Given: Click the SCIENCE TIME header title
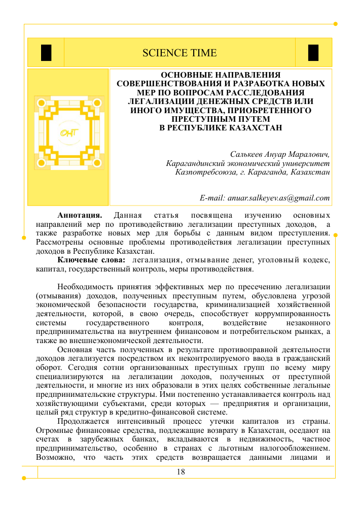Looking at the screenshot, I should [x=179, y=53].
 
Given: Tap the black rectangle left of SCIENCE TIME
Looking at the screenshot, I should [x=46, y=53].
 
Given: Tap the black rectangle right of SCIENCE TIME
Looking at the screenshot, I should [x=313, y=53].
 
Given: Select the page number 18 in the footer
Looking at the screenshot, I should [x=181, y=472].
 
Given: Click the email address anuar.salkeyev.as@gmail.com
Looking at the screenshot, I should [x=265, y=198].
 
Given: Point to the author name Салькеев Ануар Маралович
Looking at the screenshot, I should [x=280, y=154].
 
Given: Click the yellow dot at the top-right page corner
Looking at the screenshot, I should [x=335, y=23].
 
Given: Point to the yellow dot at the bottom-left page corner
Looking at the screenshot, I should [x=23, y=478].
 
